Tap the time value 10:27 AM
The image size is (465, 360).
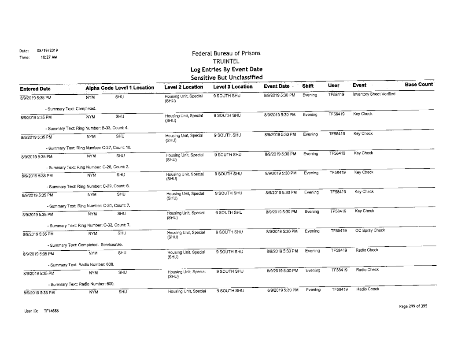(x=42, y=57)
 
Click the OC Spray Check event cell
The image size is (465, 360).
(x=370, y=230)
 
